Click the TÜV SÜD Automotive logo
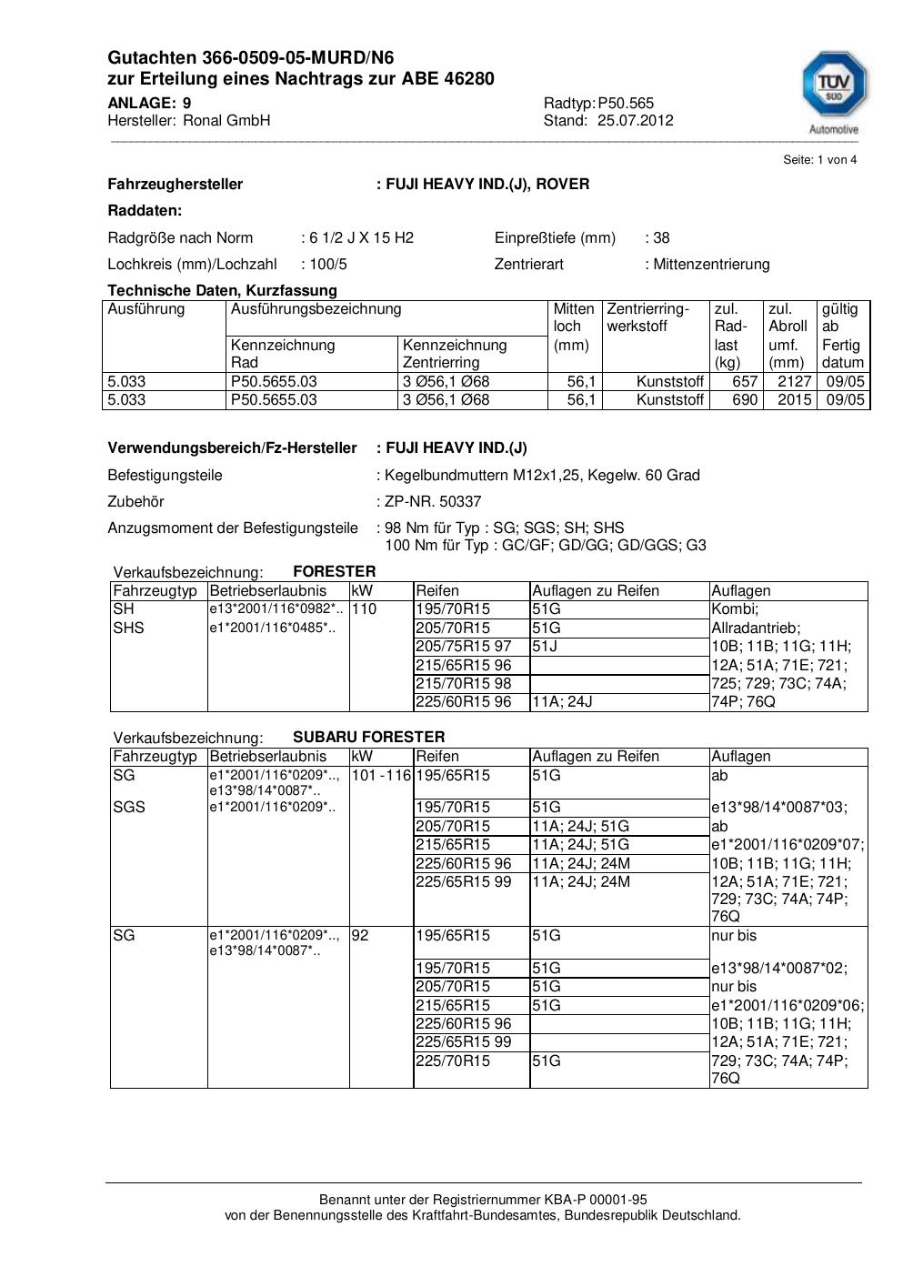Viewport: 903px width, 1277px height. [x=834, y=91]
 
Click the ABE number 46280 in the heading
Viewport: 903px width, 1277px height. [x=469, y=79]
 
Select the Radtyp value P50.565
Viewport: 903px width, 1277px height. [x=626, y=103]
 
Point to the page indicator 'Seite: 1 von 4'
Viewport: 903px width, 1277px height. [x=819, y=160]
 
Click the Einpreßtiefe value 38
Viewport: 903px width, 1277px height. [x=661, y=237]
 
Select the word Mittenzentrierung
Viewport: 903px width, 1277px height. [x=711, y=264]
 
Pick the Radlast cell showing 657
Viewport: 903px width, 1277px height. [x=745, y=381]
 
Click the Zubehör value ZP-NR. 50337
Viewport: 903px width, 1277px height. [x=433, y=501]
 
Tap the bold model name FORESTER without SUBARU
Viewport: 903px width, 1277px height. [x=334, y=571]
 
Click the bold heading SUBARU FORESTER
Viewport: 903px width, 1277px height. [x=368, y=737]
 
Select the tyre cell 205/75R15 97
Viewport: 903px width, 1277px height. [x=463, y=646]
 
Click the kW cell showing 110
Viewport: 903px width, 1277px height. [x=364, y=608]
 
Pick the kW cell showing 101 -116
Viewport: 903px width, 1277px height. [x=381, y=775]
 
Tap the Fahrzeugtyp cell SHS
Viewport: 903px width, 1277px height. [x=128, y=628]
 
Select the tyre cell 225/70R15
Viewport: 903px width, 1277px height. [x=452, y=1061]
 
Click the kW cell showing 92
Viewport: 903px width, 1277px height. [x=360, y=935]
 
